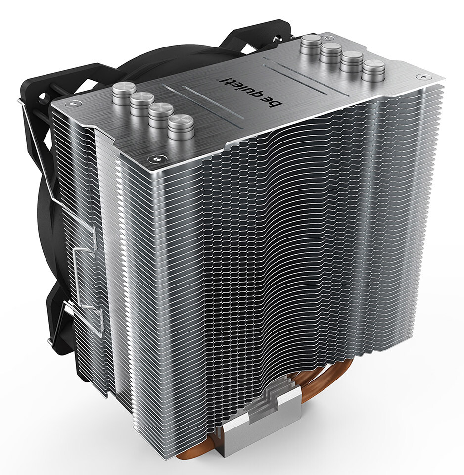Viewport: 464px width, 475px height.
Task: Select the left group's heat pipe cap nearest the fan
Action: (x=124, y=94)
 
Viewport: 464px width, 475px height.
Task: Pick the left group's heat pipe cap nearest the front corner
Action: (x=181, y=127)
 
